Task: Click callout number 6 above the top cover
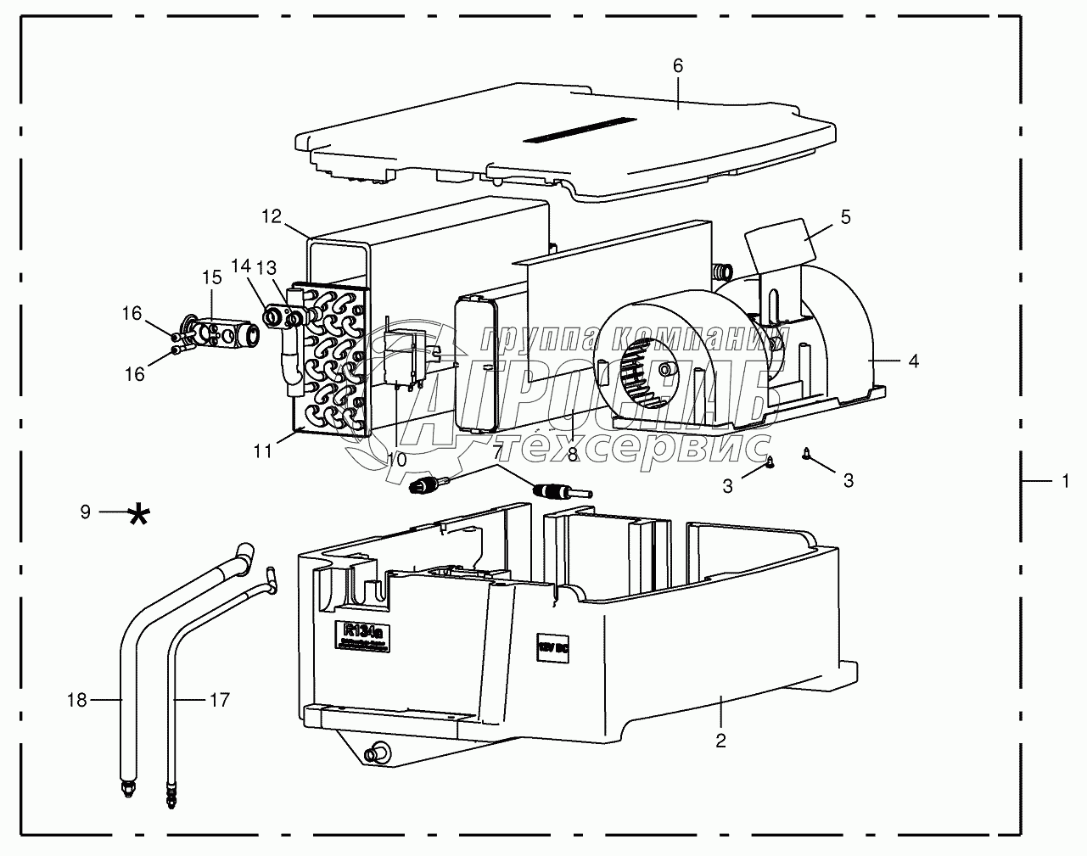point(677,65)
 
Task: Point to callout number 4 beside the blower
point(913,361)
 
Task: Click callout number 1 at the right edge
point(1064,481)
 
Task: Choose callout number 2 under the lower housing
point(720,741)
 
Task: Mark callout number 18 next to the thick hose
point(77,700)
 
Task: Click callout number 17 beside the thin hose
point(219,700)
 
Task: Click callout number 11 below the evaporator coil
point(263,451)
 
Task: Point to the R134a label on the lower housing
point(363,634)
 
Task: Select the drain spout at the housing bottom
point(374,752)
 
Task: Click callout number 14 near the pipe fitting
point(242,266)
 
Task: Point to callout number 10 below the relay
point(396,459)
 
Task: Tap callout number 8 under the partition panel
point(573,455)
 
